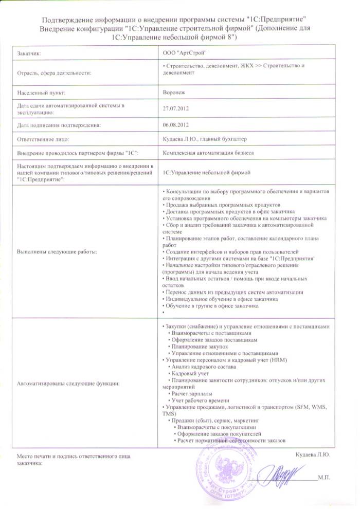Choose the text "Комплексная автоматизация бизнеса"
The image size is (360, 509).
pos(207,153)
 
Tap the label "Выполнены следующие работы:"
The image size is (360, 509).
pos(57,251)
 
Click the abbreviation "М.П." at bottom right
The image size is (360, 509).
pos(324,478)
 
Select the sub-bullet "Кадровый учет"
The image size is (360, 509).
pos(190,373)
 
